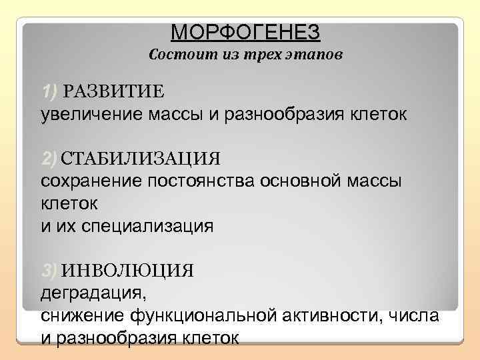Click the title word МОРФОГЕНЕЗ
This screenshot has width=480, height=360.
pyautogui.click(x=245, y=31)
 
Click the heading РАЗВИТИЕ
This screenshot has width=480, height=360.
pyautogui.click(x=114, y=91)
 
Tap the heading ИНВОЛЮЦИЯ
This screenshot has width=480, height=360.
pyautogui.click(x=127, y=270)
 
